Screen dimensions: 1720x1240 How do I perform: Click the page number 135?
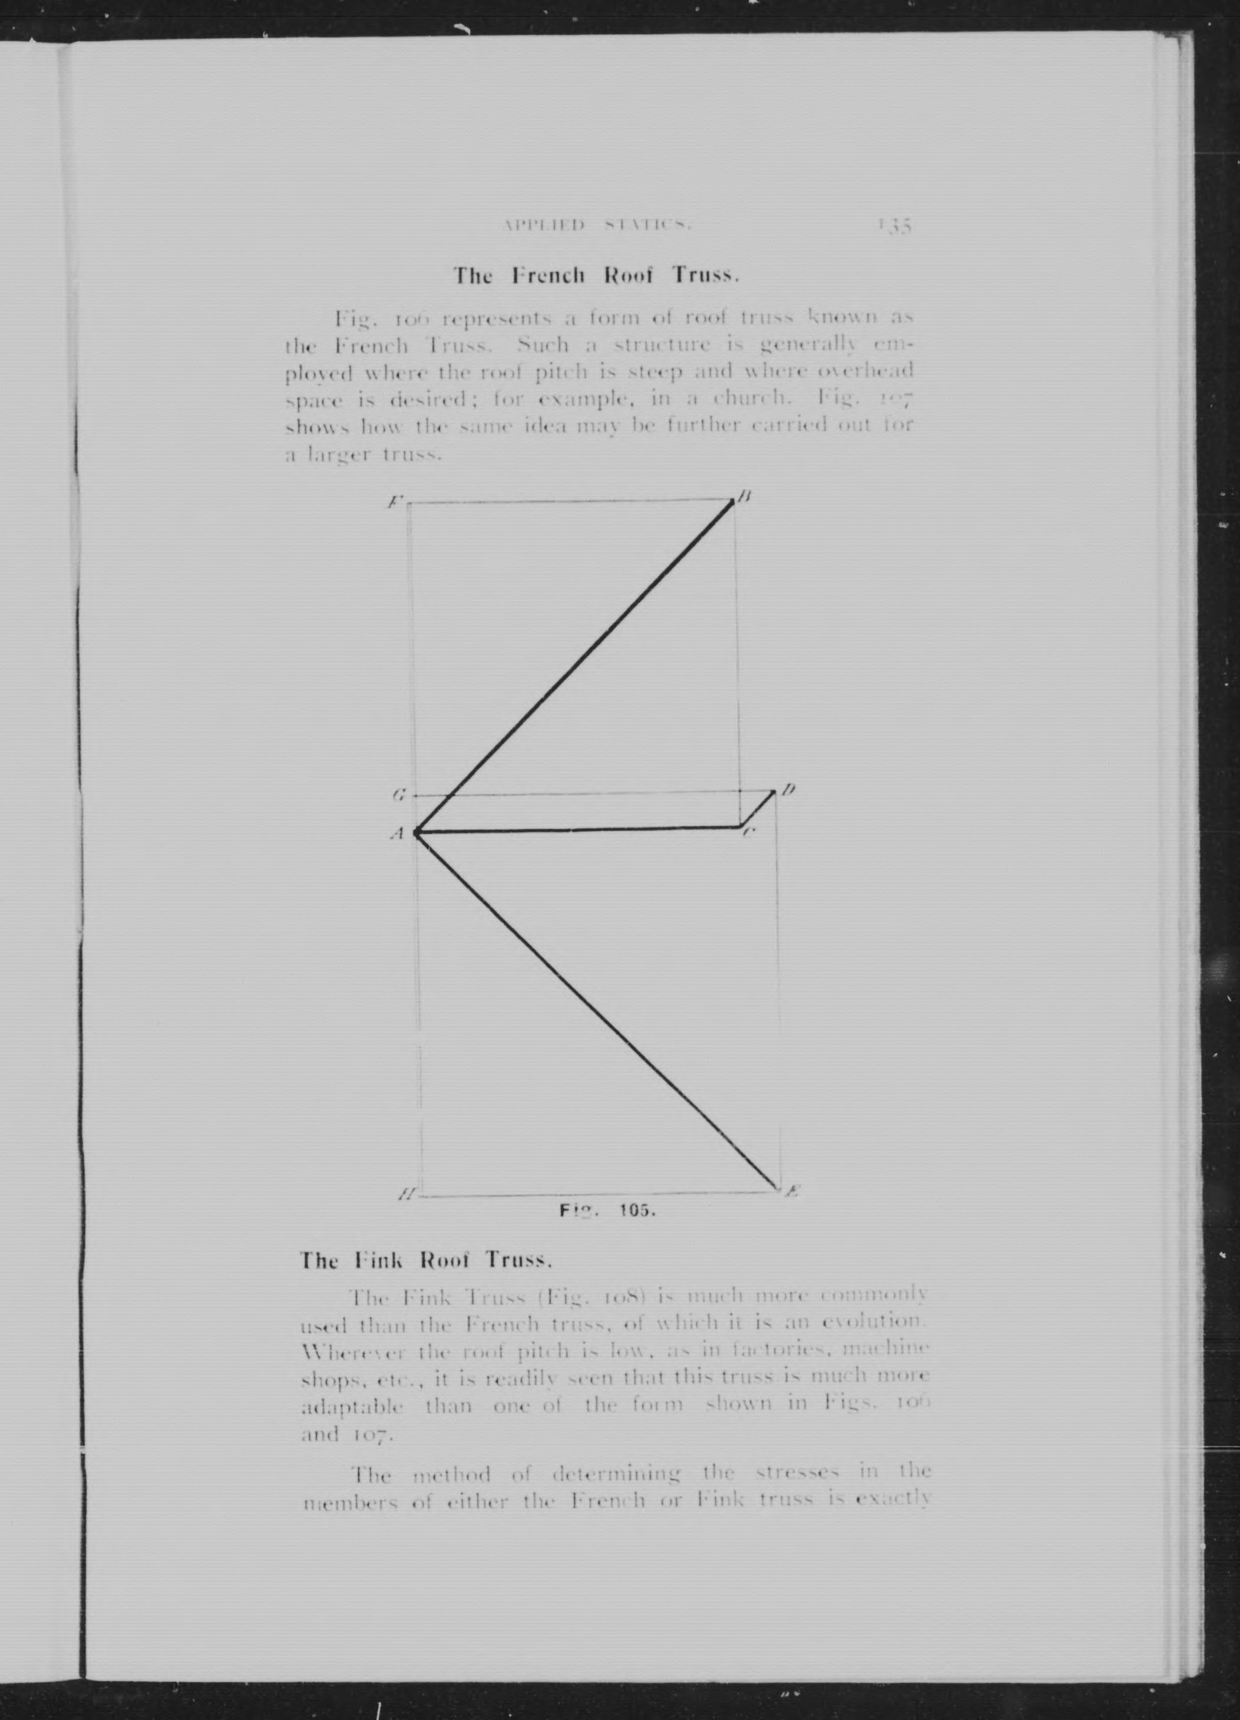point(895,225)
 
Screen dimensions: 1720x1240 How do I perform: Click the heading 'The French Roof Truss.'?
point(596,275)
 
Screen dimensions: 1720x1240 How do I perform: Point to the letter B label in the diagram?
point(745,497)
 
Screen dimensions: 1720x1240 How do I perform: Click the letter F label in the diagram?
point(395,501)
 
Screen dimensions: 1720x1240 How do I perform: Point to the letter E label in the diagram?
point(791,1191)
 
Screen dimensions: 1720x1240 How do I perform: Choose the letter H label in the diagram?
point(406,1196)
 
